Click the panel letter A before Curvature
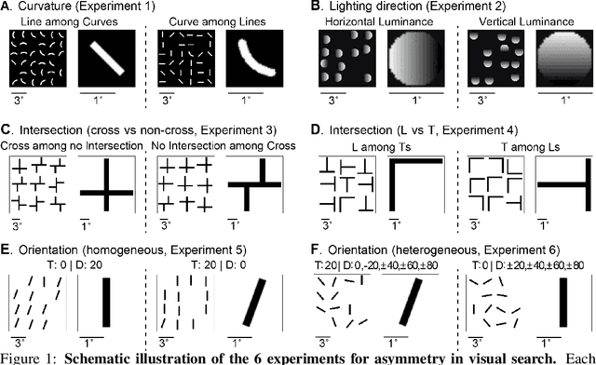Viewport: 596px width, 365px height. pyautogui.click(x=7, y=7)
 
